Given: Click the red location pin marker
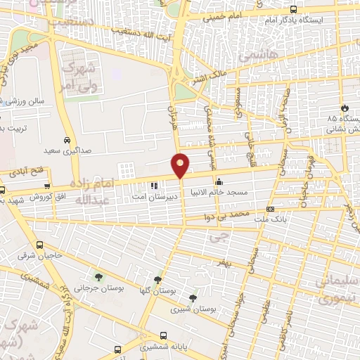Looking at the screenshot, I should [181, 165].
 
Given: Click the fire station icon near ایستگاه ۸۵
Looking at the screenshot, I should [345, 107].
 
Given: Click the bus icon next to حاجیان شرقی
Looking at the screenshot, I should [39, 245].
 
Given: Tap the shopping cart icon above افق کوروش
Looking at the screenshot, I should [47, 187].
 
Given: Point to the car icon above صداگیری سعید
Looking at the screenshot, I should [67, 139].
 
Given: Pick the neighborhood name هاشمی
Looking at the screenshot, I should [259, 53].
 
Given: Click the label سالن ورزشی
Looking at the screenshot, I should [26, 101].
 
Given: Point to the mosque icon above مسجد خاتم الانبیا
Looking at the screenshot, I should [219, 181].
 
